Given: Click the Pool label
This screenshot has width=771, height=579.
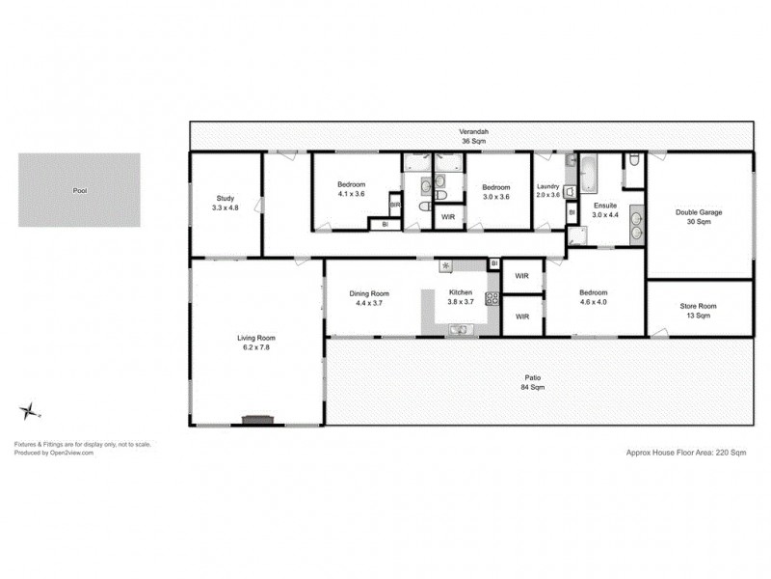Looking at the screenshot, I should tap(80, 190).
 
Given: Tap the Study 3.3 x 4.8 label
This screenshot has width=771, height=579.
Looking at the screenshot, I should tap(224, 203).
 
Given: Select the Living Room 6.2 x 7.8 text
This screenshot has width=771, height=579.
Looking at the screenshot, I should tap(256, 343).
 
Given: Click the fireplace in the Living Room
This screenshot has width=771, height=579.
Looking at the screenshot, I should tap(257, 420).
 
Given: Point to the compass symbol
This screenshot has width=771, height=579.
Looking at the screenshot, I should tap(28, 410).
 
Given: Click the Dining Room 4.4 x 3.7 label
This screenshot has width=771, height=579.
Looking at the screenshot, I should tap(369, 298).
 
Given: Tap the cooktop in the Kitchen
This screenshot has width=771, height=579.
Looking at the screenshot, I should tap(492, 298).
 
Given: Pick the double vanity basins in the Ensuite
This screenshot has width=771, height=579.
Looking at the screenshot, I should tap(635, 224).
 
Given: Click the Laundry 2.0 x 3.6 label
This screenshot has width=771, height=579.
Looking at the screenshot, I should tap(548, 191).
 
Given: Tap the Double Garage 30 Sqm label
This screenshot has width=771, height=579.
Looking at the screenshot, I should tap(699, 217).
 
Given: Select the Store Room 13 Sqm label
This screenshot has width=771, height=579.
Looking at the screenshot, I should tap(699, 311).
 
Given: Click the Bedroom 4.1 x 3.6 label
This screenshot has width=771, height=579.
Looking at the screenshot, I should tap(351, 189).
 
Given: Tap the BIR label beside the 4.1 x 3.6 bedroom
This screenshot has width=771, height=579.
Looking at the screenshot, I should tap(394, 206).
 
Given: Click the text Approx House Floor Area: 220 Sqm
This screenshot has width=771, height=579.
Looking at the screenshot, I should tap(686, 451).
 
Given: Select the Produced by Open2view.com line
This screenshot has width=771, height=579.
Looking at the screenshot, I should tap(53, 452).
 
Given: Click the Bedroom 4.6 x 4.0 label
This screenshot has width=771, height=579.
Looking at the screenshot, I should tap(593, 298).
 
